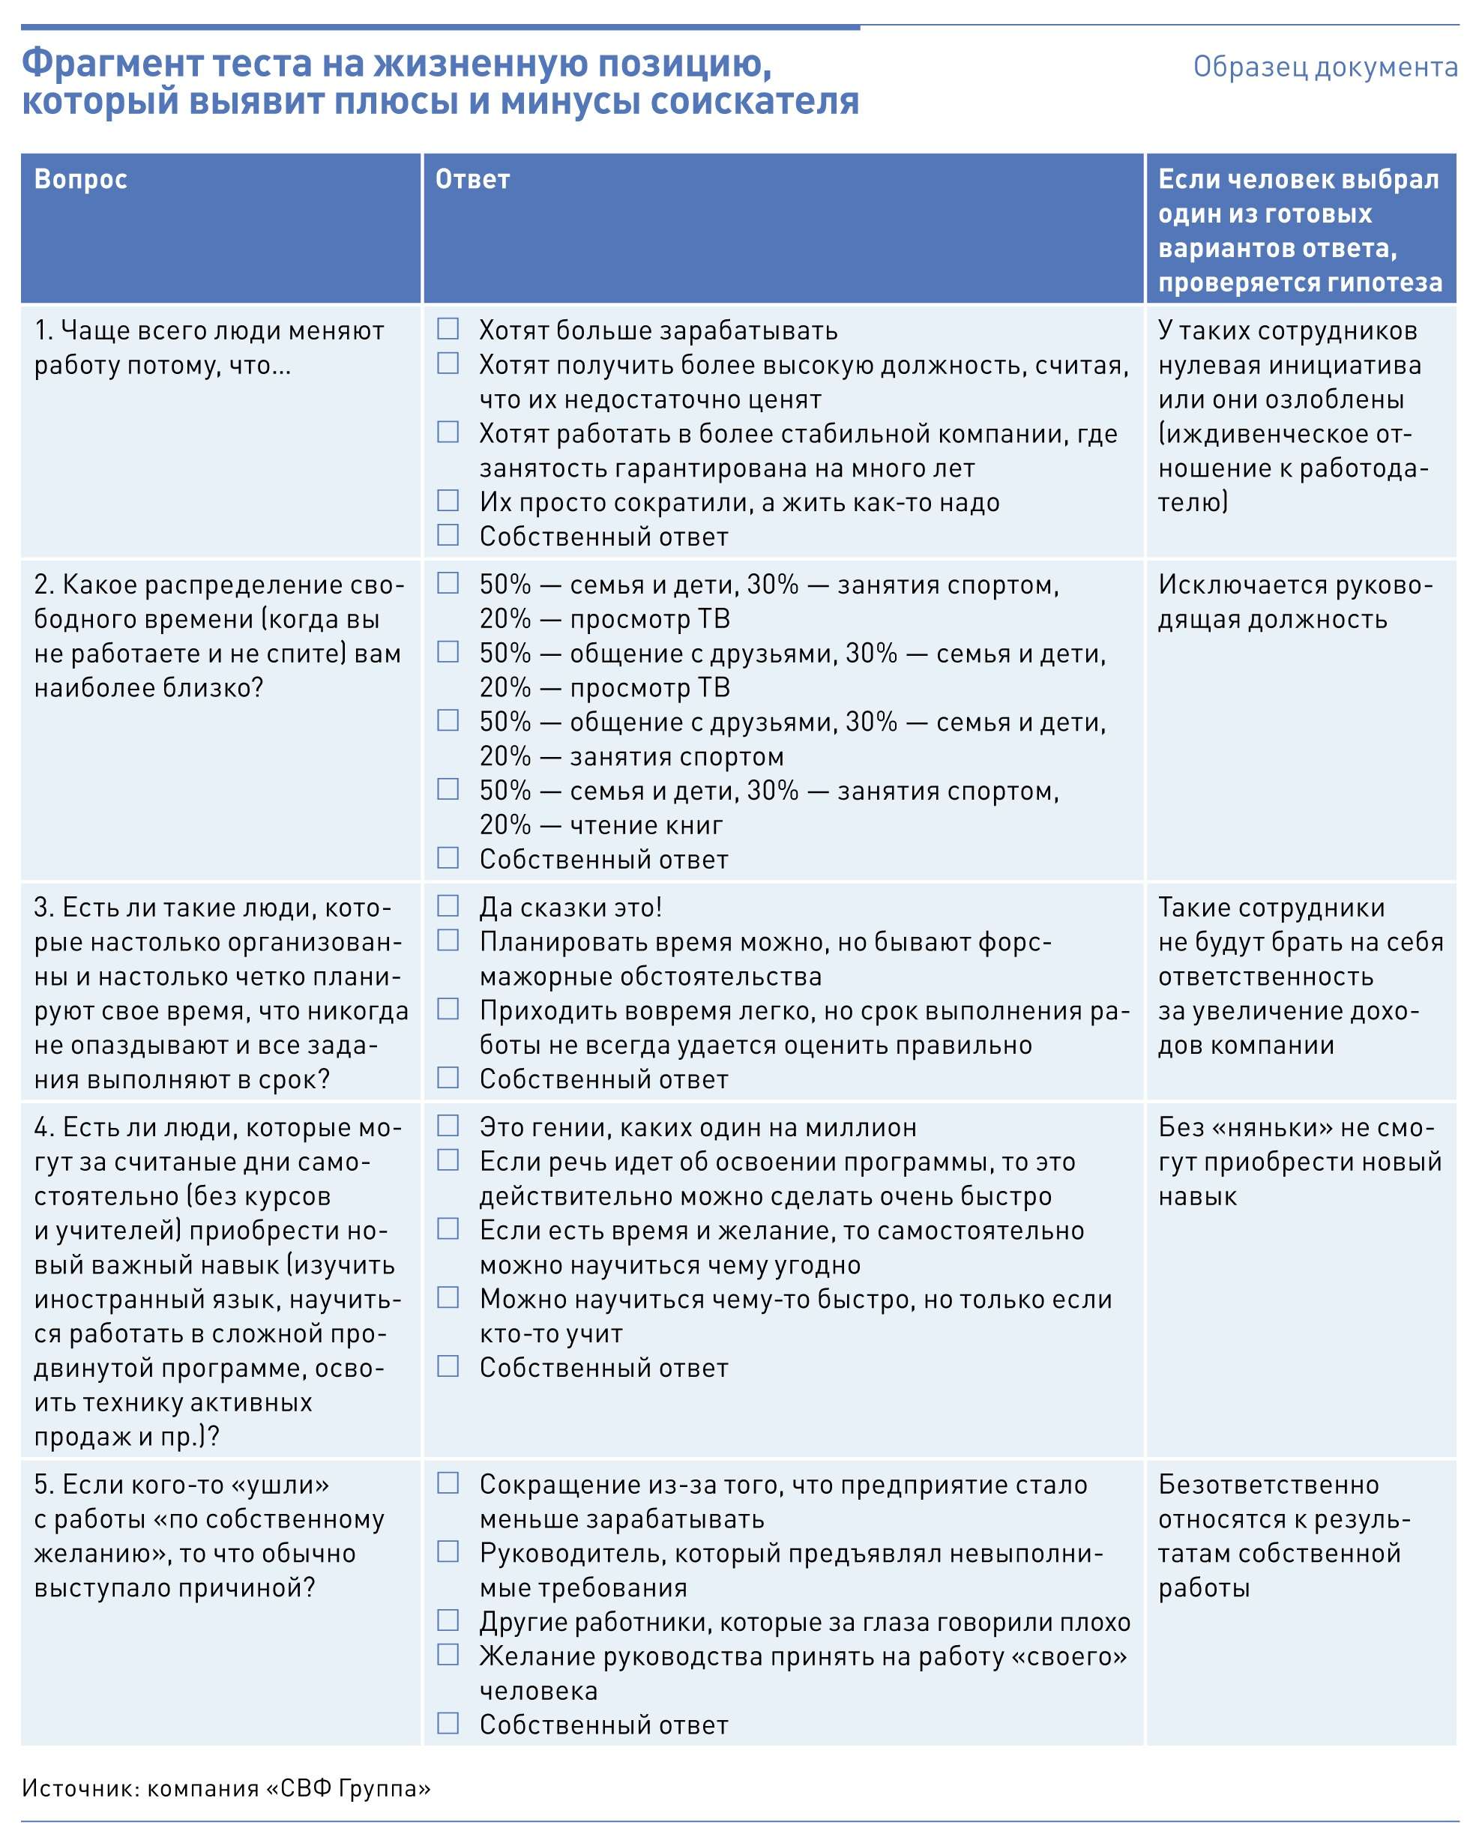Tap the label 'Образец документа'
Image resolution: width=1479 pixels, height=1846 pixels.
click(x=1325, y=67)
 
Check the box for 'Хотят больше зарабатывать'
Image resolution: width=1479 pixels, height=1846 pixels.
click(x=448, y=329)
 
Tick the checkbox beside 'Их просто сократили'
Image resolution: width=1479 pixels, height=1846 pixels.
click(x=448, y=500)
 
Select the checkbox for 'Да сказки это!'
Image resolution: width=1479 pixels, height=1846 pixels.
click(x=448, y=906)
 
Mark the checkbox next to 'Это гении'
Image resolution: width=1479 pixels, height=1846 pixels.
click(x=448, y=1126)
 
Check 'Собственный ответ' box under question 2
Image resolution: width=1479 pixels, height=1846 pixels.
click(x=448, y=858)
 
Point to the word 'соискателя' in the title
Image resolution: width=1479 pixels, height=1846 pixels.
click(x=754, y=102)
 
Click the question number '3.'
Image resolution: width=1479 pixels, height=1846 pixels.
click(x=44, y=908)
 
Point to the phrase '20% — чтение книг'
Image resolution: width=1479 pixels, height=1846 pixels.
click(x=601, y=825)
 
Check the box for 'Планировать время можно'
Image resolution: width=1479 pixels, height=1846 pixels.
click(x=448, y=940)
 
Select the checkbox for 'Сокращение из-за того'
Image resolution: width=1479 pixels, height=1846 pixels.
click(x=448, y=1484)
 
